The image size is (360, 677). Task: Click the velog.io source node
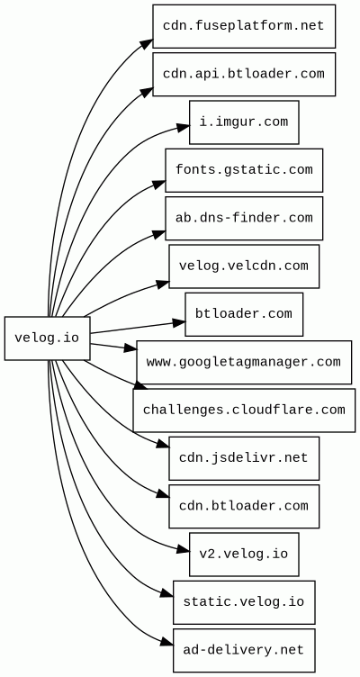tap(48, 338)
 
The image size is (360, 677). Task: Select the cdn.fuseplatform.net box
tap(244, 26)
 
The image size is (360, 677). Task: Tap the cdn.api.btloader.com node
tap(244, 74)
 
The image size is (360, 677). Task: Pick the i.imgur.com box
tap(244, 122)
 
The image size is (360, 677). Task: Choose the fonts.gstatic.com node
tap(244, 170)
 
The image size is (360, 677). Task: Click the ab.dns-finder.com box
tap(244, 218)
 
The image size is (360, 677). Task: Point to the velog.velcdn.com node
tap(244, 266)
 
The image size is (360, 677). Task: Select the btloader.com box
tap(244, 314)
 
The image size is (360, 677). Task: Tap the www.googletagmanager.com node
tap(244, 362)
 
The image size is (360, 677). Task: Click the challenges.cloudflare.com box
tap(244, 411)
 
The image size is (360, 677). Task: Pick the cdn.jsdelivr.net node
tap(244, 458)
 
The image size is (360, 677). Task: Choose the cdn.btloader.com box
tap(244, 506)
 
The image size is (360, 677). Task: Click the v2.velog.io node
tap(244, 554)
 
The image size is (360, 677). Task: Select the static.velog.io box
tap(244, 602)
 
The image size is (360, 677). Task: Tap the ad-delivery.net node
tap(244, 650)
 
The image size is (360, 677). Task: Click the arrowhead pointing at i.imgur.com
tap(183, 127)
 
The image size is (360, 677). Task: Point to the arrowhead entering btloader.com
tap(179, 322)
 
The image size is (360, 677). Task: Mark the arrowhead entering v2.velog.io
tap(183, 549)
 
